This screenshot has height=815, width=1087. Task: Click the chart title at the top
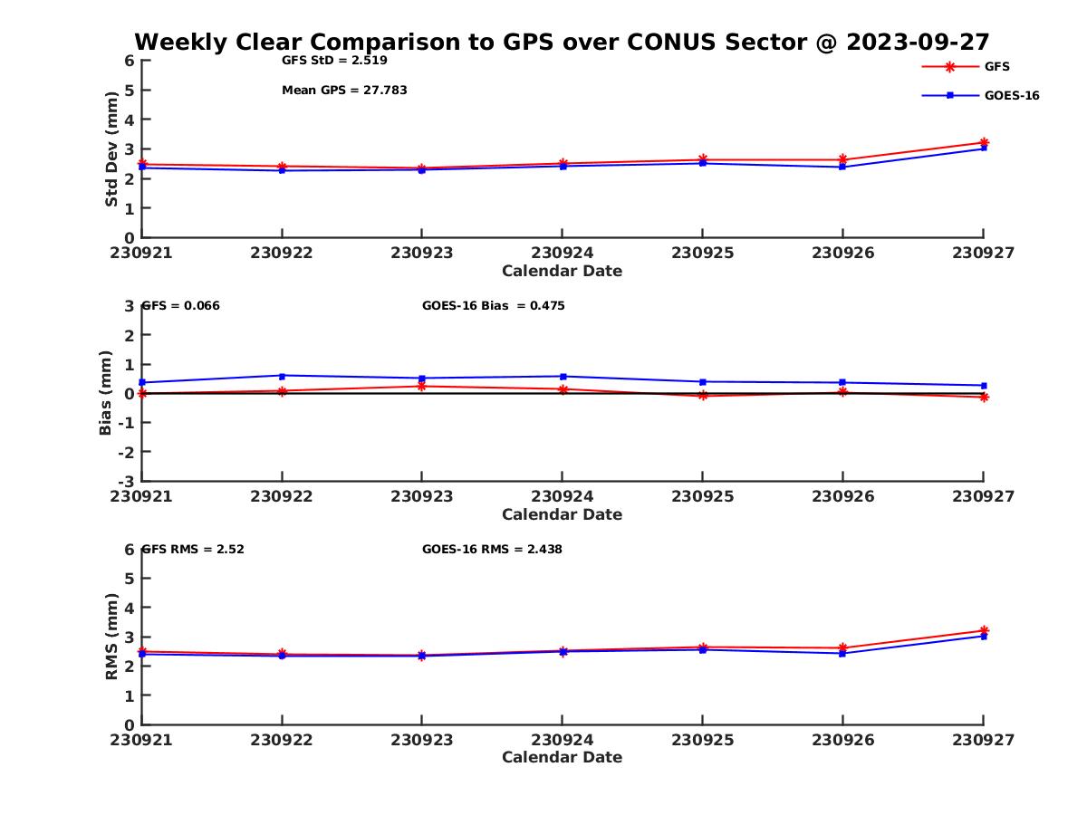[x=562, y=43]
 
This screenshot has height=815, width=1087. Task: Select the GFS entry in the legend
[x=996, y=67]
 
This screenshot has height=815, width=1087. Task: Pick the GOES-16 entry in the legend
[x=1011, y=96]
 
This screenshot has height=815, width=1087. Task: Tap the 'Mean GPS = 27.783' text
[x=344, y=91]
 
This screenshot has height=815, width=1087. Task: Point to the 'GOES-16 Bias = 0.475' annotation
[x=493, y=306]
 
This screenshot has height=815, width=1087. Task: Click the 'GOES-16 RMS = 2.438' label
[x=492, y=549]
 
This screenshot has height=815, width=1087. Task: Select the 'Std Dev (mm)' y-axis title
[x=111, y=149]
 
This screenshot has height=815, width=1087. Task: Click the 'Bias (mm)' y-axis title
[x=106, y=392]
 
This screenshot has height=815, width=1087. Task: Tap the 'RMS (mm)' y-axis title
[x=111, y=637]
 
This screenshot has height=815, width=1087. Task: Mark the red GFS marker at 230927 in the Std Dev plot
[x=984, y=142]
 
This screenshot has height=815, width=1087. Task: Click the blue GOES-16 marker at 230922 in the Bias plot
[x=283, y=376]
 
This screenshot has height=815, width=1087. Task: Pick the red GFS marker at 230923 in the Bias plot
[x=422, y=387]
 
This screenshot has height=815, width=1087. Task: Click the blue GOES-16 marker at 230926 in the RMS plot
[x=842, y=653]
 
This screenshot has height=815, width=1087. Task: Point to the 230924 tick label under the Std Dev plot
[x=562, y=253]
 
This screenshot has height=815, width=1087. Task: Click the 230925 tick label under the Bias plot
[x=702, y=496]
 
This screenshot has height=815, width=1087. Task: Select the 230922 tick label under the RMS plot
[x=282, y=740]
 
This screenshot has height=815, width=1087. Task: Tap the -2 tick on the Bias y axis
[x=129, y=452]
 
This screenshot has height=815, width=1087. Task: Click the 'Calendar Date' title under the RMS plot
[x=562, y=757]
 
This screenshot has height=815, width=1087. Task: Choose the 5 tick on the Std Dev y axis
[x=130, y=91]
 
